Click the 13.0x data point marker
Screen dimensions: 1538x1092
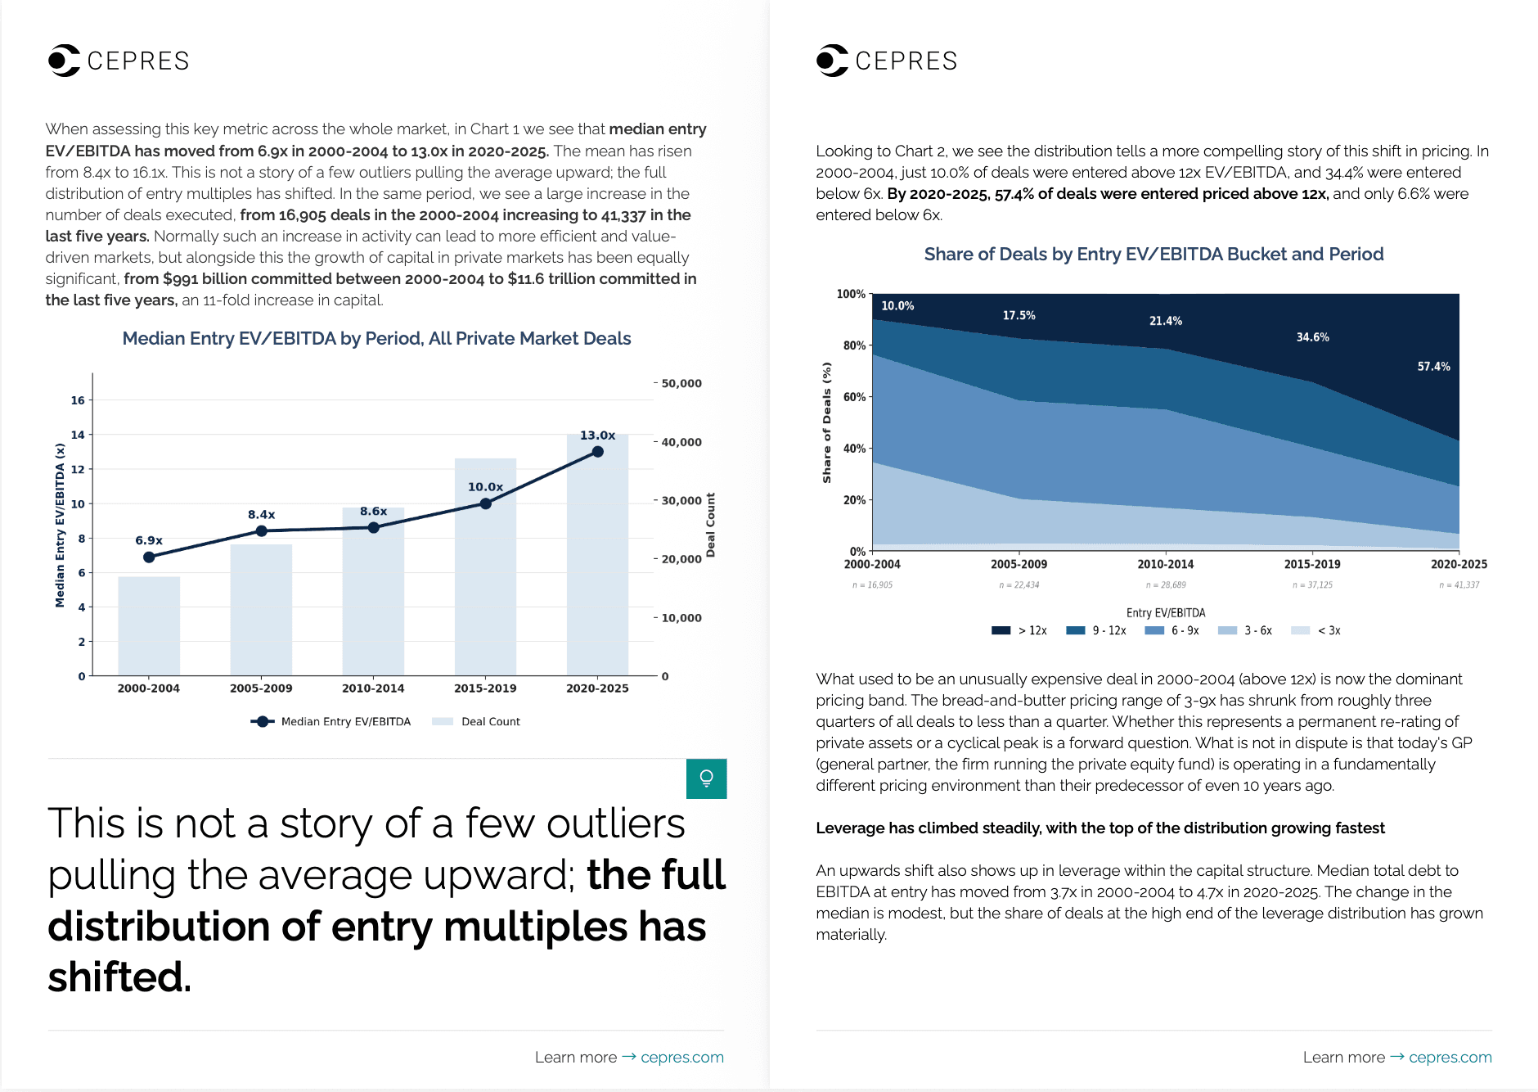(x=598, y=452)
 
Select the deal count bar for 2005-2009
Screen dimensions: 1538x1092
(x=261, y=610)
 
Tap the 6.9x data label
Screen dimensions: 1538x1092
(x=149, y=540)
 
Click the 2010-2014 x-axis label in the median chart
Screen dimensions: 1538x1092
(x=373, y=688)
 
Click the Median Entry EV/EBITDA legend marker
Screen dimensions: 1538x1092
(x=262, y=722)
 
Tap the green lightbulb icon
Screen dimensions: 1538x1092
(x=707, y=778)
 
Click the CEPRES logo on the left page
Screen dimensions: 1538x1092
(x=119, y=61)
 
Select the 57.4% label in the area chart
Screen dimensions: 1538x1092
(x=1434, y=367)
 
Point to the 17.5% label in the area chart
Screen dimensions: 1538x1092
(x=1019, y=315)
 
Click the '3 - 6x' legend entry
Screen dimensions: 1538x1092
(x=1245, y=630)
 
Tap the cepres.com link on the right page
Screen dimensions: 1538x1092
(x=1450, y=1058)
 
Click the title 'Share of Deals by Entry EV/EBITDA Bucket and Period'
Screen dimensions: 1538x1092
(x=1154, y=255)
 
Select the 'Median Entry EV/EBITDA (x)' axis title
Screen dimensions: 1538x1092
(x=60, y=526)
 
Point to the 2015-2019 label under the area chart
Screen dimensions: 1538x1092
(x=1312, y=564)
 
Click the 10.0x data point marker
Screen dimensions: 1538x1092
(x=486, y=503)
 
